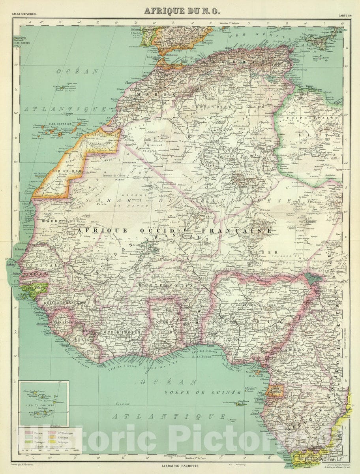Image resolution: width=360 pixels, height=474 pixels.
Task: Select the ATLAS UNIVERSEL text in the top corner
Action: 25,15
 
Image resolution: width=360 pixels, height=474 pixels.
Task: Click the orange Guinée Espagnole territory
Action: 272,391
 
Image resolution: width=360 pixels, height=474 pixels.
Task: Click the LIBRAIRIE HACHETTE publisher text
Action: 180,466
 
